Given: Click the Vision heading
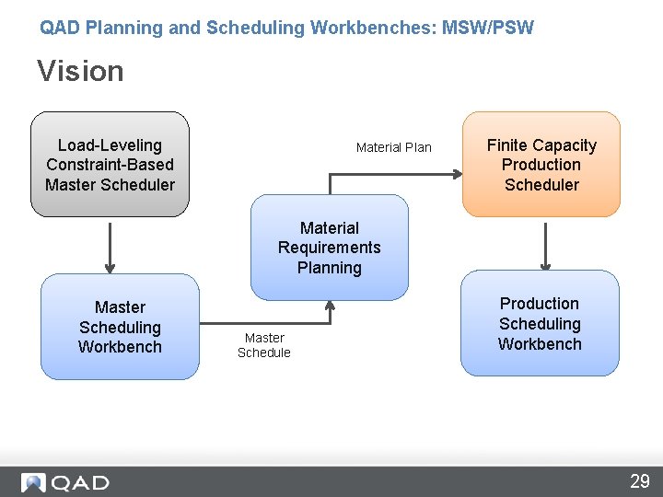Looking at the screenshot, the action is pos(80,71).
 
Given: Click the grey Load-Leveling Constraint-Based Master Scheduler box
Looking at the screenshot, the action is pos(110,165).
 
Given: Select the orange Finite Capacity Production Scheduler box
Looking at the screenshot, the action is pos(541,165).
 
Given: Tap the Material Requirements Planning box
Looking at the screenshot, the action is pos(329,248).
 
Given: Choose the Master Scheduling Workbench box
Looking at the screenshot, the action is pos(120,327).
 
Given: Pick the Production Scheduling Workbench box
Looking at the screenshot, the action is pos(540,323).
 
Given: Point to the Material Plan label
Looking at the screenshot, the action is pos(393,147).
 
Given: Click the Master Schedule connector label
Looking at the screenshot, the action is pos(263,345).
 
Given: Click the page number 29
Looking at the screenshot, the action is pos(639,480).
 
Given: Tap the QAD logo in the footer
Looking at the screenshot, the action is pos(65,482).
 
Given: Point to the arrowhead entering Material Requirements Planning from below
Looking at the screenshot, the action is pos(330,306).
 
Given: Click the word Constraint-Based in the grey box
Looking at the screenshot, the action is pos(110,165).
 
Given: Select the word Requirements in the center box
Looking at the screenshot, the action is pos(329,248).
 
